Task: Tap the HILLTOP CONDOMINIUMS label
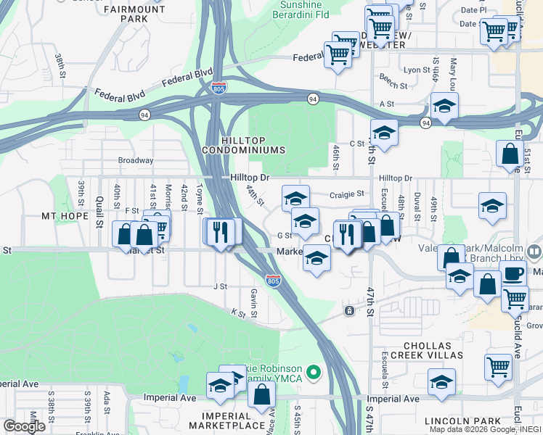click(253, 144)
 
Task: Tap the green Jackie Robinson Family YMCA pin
click(314, 373)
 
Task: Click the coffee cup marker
click(513, 275)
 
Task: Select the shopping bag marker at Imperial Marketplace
click(262, 395)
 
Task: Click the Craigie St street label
click(346, 194)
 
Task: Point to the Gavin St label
click(254, 302)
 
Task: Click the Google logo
click(24, 426)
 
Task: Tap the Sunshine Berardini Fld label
click(290, 9)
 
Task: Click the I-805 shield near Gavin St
click(273, 281)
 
